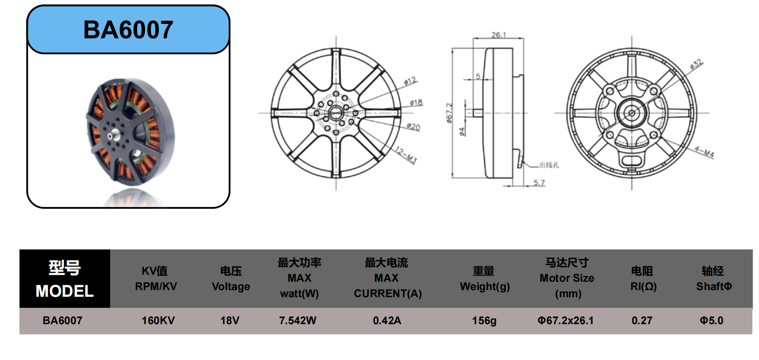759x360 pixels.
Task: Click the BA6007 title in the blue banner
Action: pyautogui.click(x=128, y=30)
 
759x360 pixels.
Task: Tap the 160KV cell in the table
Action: pyautogui.click(x=158, y=321)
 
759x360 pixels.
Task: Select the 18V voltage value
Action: pyautogui.click(x=230, y=321)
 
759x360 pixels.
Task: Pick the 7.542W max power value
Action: pyautogui.click(x=298, y=321)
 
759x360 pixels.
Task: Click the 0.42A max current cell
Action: pyautogui.click(x=387, y=321)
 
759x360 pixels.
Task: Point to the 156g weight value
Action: pyautogui.click(x=484, y=321)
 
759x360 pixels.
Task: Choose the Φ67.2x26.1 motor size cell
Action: pyautogui.click(x=566, y=321)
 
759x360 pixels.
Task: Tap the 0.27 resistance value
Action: pyautogui.click(x=642, y=321)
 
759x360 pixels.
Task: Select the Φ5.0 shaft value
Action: pyautogui.click(x=712, y=321)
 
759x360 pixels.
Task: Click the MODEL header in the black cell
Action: pyautogui.click(x=65, y=291)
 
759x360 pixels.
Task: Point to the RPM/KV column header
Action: pyautogui.click(x=156, y=287)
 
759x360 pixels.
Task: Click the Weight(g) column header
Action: pyautogui.click(x=485, y=287)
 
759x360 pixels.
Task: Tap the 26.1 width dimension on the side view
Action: pyautogui.click(x=498, y=35)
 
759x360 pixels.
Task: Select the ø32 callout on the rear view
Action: pyautogui.click(x=696, y=65)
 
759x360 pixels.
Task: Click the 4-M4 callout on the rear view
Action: pyautogui.click(x=704, y=152)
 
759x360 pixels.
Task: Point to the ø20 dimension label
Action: pyautogui.click(x=414, y=127)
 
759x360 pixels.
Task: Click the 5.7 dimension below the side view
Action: pyautogui.click(x=539, y=183)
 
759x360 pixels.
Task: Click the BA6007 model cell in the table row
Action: pyautogui.click(x=62, y=321)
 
